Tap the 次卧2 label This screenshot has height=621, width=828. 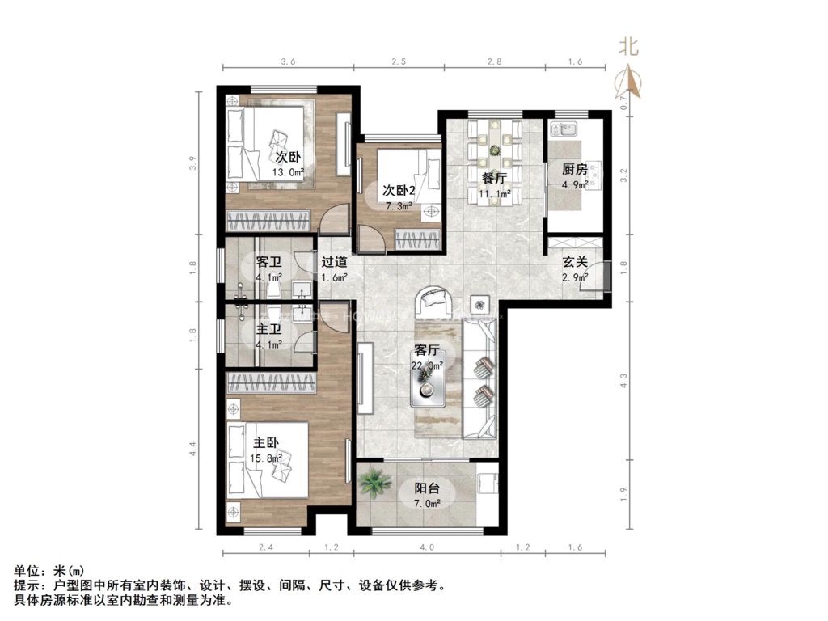(x=399, y=191)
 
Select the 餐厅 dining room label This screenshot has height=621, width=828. (x=494, y=179)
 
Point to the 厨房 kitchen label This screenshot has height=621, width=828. (x=574, y=170)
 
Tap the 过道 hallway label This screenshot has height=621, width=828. (x=334, y=262)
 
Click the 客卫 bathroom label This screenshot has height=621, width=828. (x=268, y=262)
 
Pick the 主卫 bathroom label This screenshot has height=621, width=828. (x=268, y=330)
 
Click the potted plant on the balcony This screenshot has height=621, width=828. (x=374, y=484)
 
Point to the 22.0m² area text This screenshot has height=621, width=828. (x=428, y=365)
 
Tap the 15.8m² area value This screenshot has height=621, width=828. (x=268, y=458)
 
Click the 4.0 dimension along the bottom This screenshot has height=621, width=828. (x=427, y=547)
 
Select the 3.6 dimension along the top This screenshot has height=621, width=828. (x=289, y=61)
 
